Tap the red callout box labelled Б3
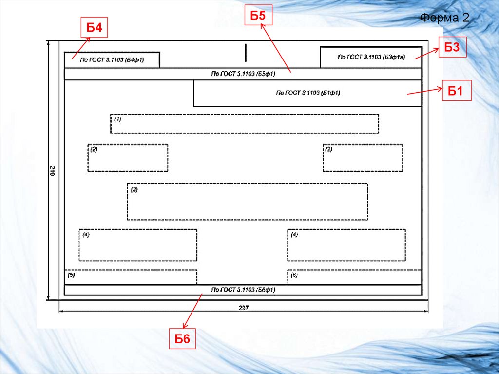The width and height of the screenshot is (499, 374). click(x=453, y=47)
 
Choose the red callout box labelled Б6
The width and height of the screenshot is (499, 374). click(x=182, y=339)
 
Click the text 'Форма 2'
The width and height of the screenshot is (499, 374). click(x=444, y=19)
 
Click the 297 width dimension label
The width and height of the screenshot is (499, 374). click(x=244, y=308)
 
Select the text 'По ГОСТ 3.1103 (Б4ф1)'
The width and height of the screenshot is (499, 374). click(x=112, y=60)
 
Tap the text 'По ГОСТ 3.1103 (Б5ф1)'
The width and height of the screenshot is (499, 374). click(x=243, y=74)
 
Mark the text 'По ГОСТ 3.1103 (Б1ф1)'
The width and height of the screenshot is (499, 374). click(x=307, y=93)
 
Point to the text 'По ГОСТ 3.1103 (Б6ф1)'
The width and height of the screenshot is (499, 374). click(x=243, y=290)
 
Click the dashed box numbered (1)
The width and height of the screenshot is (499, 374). click(x=245, y=124)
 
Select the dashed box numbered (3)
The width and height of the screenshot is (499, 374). click(x=247, y=202)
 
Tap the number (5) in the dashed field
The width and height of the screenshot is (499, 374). click(x=71, y=275)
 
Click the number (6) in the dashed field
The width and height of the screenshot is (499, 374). click(x=294, y=275)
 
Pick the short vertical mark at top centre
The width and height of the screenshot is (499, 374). click(x=246, y=52)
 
